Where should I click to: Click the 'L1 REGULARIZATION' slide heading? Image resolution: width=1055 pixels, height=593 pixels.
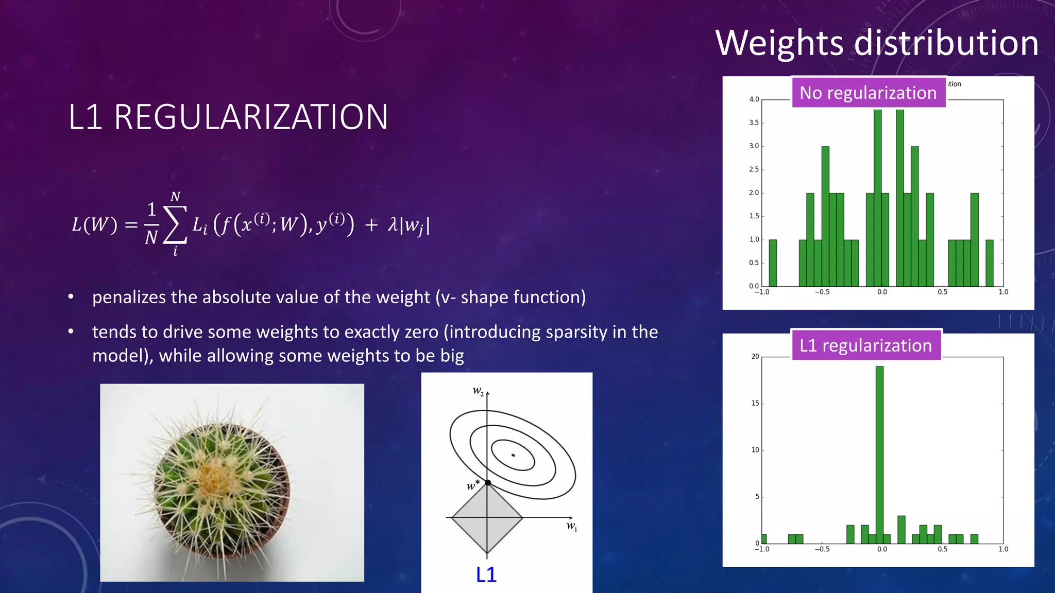228,117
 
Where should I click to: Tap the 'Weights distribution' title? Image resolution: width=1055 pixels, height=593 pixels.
877,43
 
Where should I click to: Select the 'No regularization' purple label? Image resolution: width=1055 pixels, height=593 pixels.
868,93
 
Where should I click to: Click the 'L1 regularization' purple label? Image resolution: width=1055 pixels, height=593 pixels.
865,345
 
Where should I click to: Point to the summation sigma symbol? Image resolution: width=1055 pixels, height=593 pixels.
175,225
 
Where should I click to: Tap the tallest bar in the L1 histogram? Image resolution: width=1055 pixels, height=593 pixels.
879,453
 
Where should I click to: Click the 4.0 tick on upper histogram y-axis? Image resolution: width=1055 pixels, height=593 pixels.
754,99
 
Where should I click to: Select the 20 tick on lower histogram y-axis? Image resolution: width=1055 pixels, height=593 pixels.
755,356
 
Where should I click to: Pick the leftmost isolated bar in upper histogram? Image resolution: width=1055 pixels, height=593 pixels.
773,263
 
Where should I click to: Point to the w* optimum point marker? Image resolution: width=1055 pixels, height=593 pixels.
487,482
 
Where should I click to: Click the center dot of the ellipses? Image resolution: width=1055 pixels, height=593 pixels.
513,455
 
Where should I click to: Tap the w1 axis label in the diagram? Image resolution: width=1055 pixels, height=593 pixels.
571,526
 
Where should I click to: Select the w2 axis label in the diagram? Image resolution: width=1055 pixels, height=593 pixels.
478,391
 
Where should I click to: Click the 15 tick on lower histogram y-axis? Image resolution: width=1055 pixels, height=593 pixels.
755,403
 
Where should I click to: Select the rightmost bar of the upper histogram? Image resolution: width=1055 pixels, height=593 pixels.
990,263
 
